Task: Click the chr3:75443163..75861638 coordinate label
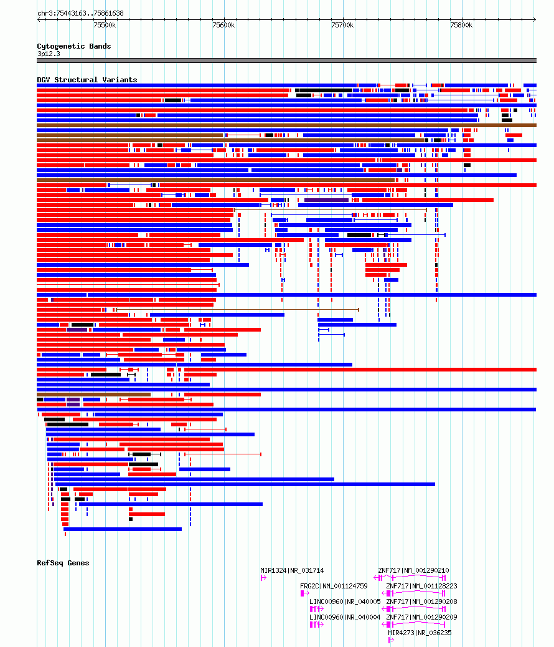(x=80, y=13)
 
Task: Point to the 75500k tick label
(x=105, y=25)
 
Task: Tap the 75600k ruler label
(x=223, y=25)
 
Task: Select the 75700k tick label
(x=342, y=25)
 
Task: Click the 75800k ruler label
(x=461, y=25)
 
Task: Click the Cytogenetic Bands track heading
(x=74, y=46)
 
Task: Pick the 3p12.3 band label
(x=49, y=54)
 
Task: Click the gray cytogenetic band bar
(x=286, y=60)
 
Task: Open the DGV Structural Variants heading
(x=87, y=80)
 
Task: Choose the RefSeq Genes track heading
(x=63, y=563)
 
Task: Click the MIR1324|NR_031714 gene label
(x=292, y=571)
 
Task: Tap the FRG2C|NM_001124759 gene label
(x=334, y=586)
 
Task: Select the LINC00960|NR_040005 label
(x=345, y=601)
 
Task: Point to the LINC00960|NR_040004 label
(x=345, y=617)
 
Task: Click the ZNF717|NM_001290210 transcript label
(x=413, y=571)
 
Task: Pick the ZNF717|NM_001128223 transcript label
(x=421, y=586)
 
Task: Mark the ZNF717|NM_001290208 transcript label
(x=421, y=601)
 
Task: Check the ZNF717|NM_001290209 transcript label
(x=421, y=617)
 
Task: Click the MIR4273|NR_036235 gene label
(x=420, y=633)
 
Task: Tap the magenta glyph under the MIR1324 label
(x=263, y=578)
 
